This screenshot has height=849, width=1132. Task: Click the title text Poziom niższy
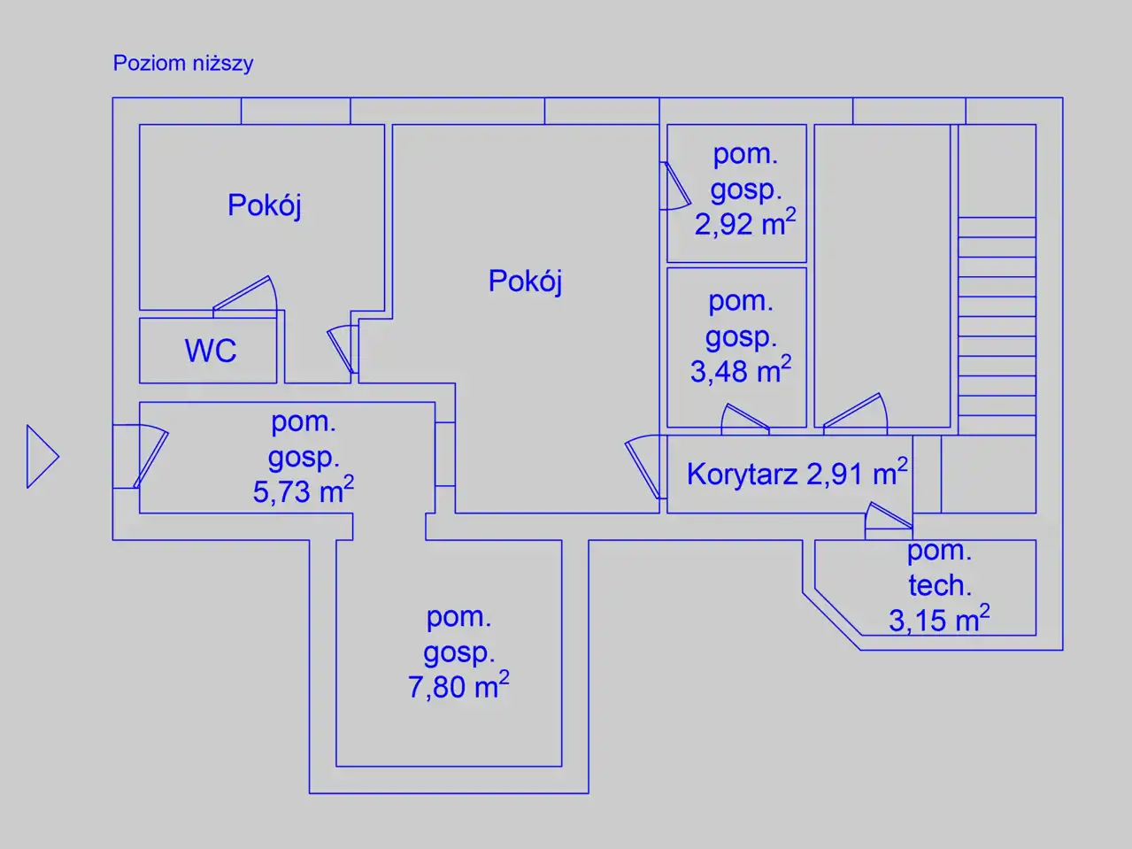(183, 64)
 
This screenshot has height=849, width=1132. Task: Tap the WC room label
(211, 351)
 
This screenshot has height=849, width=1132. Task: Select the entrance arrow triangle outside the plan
(42, 457)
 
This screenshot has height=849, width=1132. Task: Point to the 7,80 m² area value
(458, 685)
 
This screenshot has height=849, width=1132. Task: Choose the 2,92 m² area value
(745, 223)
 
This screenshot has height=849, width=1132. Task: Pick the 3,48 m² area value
(741, 370)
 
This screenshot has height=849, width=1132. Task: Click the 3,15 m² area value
(939, 619)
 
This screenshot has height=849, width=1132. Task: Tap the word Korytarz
(742, 474)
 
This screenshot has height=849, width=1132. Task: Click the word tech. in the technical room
(940, 585)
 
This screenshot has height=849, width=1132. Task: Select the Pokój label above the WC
(264, 205)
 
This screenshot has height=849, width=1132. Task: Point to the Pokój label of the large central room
(525, 282)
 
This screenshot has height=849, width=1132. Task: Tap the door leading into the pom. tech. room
(889, 517)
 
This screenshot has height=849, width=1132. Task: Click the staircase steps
(997, 326)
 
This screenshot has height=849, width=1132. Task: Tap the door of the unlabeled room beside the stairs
(856, 412)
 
